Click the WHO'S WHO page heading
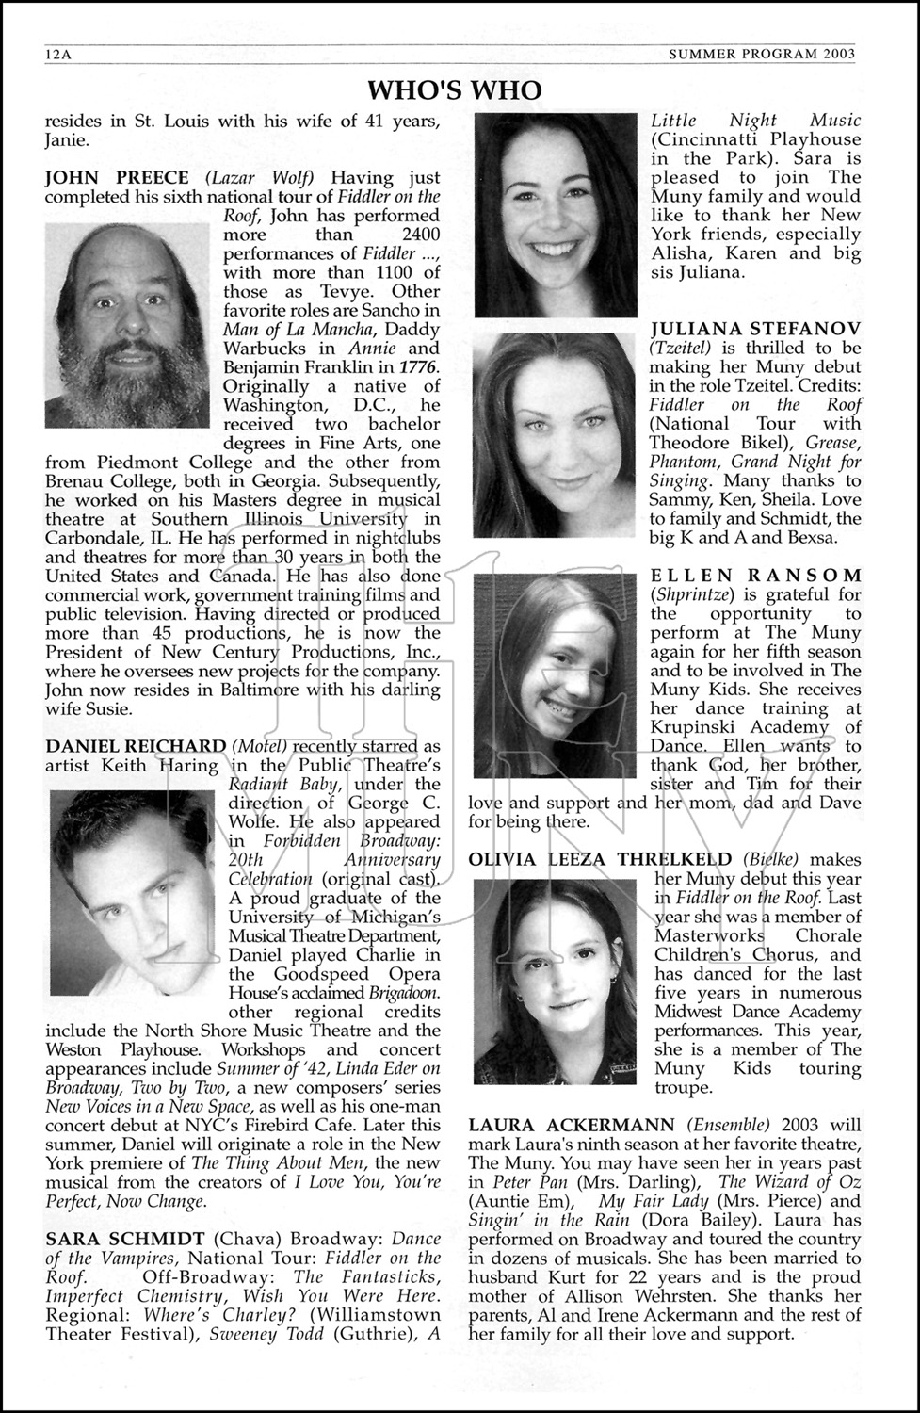454,89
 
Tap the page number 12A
58,55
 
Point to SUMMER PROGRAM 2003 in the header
761,54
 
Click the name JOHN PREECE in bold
117,177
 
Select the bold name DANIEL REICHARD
136,746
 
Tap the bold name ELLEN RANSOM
755,575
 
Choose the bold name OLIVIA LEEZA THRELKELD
599,859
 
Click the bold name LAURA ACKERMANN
571,1125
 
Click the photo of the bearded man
127,325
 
